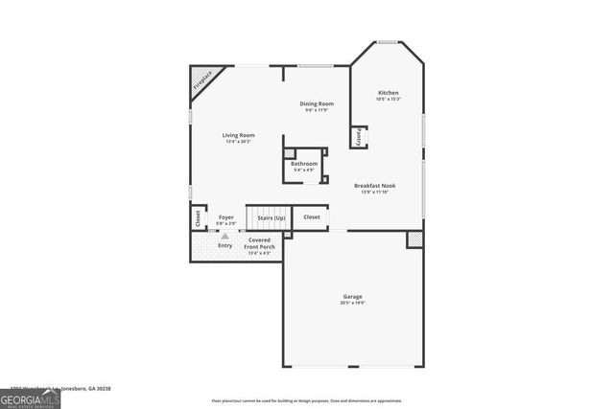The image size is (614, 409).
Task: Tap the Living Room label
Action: (x=239, y=135)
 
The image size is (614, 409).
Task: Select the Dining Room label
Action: (x=317, y=103)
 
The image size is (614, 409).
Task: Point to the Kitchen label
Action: (x=388, y=93)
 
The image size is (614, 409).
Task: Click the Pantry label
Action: (x=360, y=137)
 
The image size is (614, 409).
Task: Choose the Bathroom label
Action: (x=304, y=164)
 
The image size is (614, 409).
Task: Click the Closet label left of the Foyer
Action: (x=199, y=218)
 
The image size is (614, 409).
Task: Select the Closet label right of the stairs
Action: (x=312, y=217)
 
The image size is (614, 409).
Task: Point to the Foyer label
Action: (x=225, y=217)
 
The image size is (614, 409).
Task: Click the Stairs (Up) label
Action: (x=272, y=218)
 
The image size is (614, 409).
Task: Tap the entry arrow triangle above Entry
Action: (x=225, y=236)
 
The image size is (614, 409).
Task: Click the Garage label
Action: (x=352, y=297)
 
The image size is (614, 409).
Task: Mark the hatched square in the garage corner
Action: (x=414, y=239)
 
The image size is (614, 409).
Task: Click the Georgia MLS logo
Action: (x=30, y=398)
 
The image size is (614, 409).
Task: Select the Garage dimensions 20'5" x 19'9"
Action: (x=352, y=304)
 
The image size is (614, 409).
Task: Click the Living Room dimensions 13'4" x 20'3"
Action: (x=239, y=142)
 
